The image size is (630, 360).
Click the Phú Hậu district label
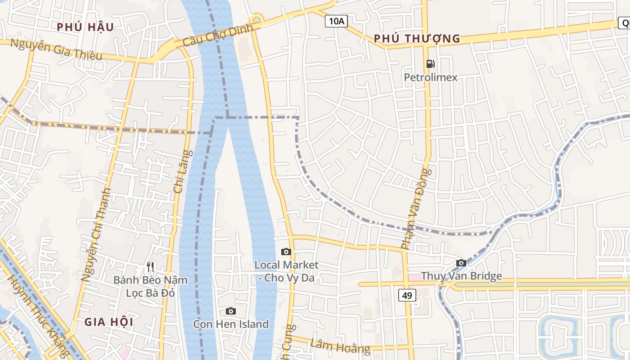tap(85, 27)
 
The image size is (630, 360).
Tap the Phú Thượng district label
tap(417, 39)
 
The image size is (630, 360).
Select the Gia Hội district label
tap(109, 322)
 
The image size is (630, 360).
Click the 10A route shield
tap(337, 21)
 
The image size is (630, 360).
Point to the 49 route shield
tap(407, 295)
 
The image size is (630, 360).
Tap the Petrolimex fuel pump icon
tap(430, 64)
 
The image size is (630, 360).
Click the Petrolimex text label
tap(430, 77)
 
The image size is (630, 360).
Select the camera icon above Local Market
tap(286, 252)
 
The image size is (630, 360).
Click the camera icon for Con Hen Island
tap(230, 311)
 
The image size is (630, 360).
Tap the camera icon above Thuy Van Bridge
tap(461, 263)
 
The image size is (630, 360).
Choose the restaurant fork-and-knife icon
tap(150, 267)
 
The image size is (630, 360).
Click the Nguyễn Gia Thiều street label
tap(56, 49)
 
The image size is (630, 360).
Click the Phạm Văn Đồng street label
tap(416, 209)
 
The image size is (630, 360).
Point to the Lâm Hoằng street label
tap(340, 346)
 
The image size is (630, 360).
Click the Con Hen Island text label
tap(231, 324)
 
